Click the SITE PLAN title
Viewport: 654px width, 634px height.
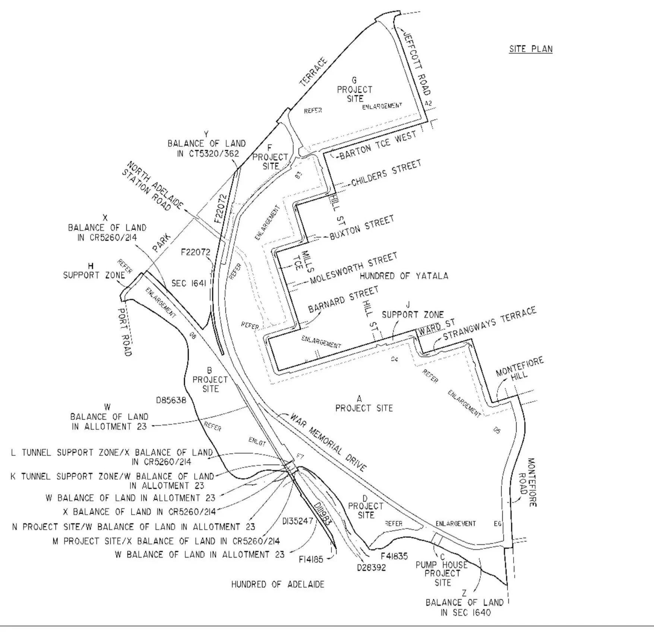coord(531,49)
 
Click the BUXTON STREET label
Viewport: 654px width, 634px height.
coord(362,227)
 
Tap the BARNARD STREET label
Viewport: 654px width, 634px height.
coord(343,299)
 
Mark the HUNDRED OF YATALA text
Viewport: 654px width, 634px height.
coord(404,276)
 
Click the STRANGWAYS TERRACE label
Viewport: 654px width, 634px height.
coord(490,324)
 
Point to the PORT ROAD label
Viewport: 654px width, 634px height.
coord(125,332)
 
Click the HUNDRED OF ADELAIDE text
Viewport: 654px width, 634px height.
coord(278,584)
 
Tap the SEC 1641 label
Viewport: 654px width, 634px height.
coord(189,284)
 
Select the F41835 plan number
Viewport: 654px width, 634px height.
coord(394,556)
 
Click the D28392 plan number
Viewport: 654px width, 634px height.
coord(372,568)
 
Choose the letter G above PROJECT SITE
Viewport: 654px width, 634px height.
coord(354,80)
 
